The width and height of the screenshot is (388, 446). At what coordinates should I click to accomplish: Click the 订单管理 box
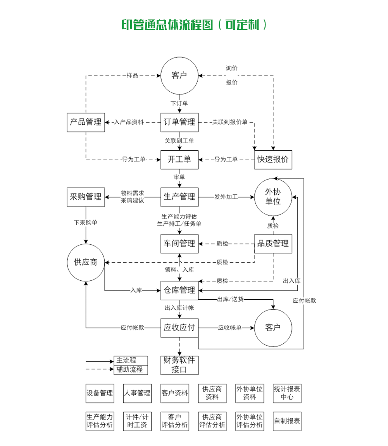(x=179, y=122)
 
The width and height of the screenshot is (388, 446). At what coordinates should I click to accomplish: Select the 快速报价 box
(x=273, y=160)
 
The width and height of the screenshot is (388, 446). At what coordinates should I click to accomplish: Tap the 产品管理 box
(x=86, y=122)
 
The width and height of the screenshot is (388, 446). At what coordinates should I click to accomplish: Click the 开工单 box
(x=179, y=160)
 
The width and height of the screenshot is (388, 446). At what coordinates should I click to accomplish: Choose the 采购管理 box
(x=86, y=197)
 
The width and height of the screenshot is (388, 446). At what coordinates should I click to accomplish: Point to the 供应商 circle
(x=86, y=262)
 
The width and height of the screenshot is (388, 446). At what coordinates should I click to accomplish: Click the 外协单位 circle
(x=273, y=197)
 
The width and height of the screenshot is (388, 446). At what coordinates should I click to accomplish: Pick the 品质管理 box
(x=273, y=244)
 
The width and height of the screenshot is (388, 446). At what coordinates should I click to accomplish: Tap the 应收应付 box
(x=179, y=328)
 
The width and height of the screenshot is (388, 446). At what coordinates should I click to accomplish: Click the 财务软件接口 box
(x=179, y=365)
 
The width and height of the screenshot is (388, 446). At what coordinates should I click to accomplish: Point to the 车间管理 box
(x=179, y=244)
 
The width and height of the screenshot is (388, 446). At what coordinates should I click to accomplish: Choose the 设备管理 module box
(x=100, y=393)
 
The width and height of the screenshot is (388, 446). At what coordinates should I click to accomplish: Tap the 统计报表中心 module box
(x=287, y=393)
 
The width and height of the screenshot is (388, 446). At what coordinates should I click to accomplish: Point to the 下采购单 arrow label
(x=86, y=223)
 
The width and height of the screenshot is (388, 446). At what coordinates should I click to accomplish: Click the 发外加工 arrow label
(x=226, y=197)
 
